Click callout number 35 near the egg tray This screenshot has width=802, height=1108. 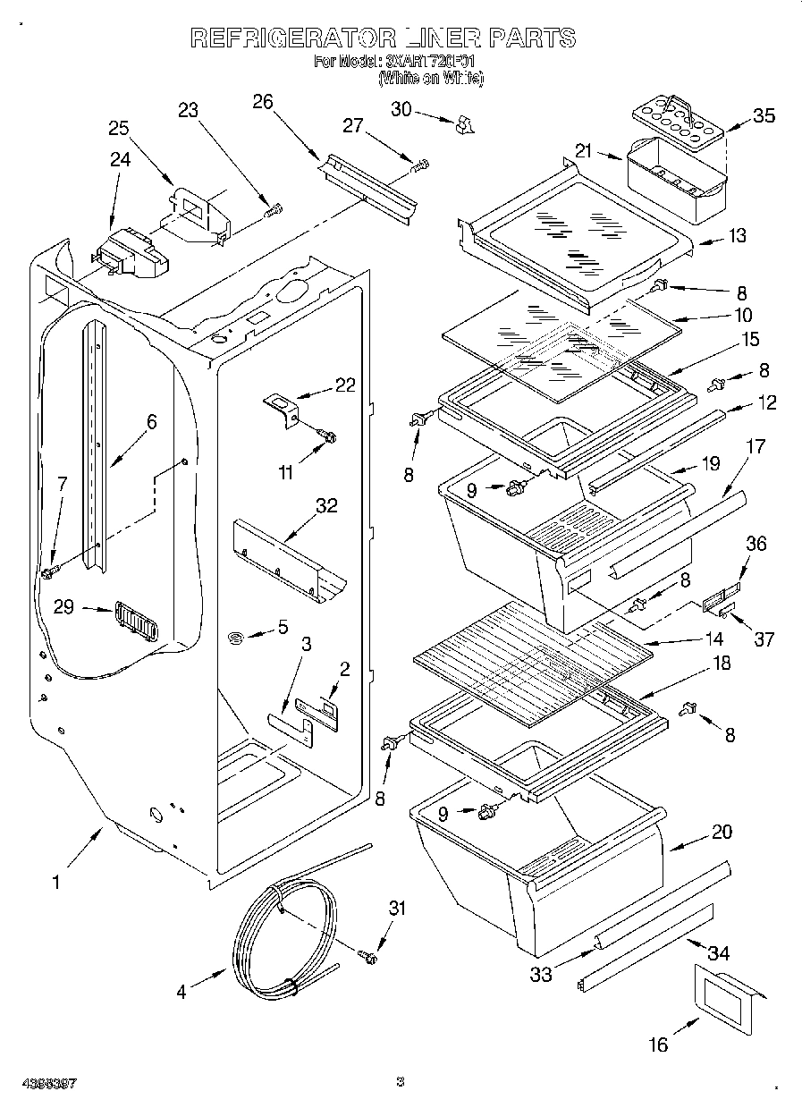[x=763, y=115]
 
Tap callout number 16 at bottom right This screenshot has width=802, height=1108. [x=657, y=1044]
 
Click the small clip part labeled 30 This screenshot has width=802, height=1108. [x=464, y=123]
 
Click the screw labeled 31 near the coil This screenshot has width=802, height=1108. [x=367, y=958]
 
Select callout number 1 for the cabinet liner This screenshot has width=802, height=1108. [x=55, y=883]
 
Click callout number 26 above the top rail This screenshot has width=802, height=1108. [x=262, y=101]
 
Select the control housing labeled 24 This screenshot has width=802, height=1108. [x=132, y=251]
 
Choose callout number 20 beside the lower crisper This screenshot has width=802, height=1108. [x=722, y=832]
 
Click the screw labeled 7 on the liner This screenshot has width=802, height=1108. [x=50, y=569]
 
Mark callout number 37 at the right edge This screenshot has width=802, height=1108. [x=763, y=639]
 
